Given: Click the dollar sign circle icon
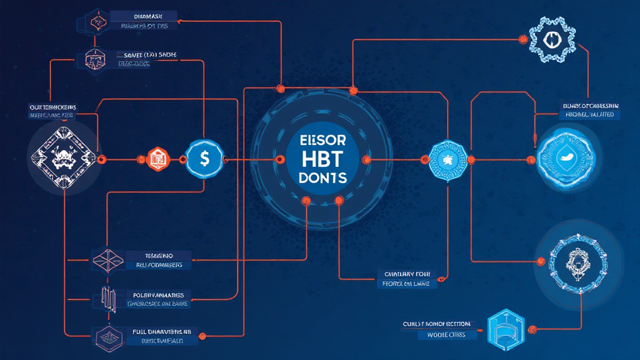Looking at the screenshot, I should point(204,159).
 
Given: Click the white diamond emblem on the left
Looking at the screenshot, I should point(62,158).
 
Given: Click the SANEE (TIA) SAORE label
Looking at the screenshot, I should point(147,55).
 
